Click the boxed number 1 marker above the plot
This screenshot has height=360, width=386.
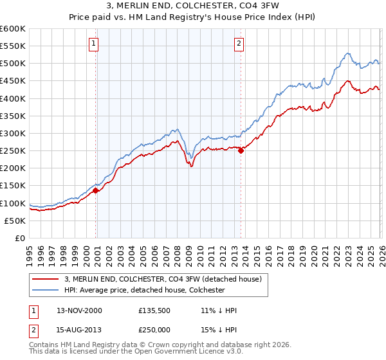pyautogui.click(x=94, y=44)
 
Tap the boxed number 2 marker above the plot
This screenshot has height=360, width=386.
pyautogui.click(x=239, y=44)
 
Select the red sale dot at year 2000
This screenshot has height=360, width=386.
pyautogui.click(x=96, y=190)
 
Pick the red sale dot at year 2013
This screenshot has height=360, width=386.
pyautogui.click(x=241, y=150)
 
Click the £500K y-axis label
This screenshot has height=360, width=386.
pyautogui.click(x=13, y=63)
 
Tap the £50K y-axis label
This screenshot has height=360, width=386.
pyautogui.click(x=15, y=221)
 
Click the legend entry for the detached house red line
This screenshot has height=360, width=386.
pyautogui.click(x=163, y=279)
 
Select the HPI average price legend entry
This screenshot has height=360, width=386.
pyautogui.click(x=144, y=290)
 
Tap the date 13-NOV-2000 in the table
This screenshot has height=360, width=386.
pyautogui.click(x=79, y=310)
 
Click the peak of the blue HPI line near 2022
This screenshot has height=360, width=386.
pyautogui.click(x=347, y=53)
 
